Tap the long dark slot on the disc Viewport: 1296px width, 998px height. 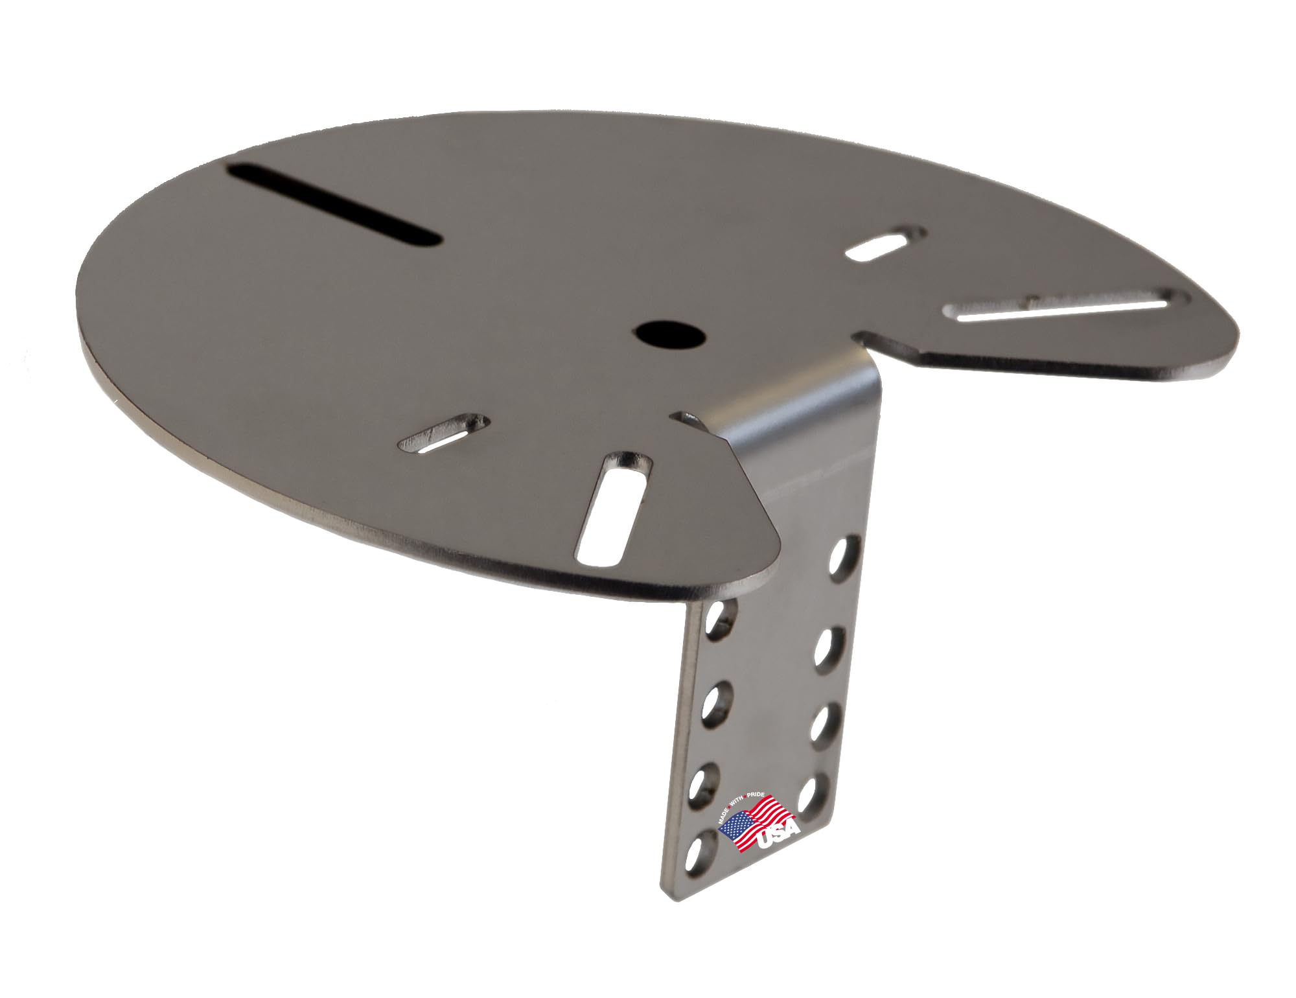(334, 206)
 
